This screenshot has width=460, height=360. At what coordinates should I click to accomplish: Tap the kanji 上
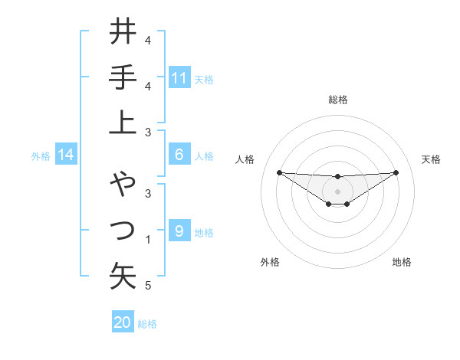[x=123, y=122]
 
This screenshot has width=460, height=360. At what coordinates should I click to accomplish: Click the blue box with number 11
[x=179, y=77]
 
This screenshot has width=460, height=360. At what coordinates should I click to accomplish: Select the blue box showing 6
[x=179, y=155]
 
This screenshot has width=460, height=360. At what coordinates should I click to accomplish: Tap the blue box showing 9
[x=179, y=231]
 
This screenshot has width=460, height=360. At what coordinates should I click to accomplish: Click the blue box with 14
[x=66, y=155]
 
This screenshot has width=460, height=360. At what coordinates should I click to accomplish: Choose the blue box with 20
[x=123, y=322]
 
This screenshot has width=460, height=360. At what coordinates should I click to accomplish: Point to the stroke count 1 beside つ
[x=148, y=240]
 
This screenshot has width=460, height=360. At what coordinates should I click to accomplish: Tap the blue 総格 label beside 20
[x=147, y=324]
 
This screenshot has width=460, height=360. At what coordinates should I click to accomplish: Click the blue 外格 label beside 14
[x=41, y=156]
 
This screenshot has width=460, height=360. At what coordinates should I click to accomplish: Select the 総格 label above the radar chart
[x=337, y=100]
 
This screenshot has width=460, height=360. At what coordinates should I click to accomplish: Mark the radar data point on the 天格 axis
[x=396, y=172]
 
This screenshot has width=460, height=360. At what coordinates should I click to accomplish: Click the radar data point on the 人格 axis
[x=279, y=172]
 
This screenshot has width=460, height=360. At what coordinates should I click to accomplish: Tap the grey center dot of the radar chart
[x=337, y=191]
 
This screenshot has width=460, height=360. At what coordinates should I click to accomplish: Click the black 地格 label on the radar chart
[x=402, y=262]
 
